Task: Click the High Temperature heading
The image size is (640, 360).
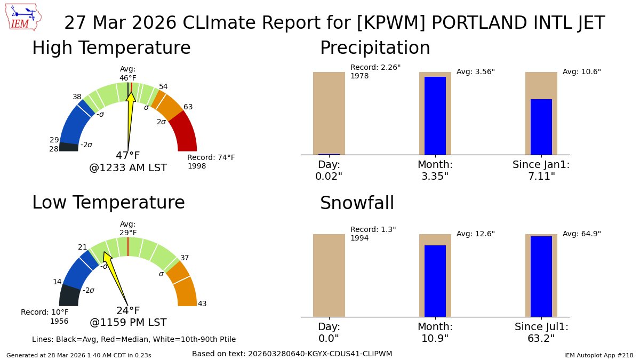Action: (111, 48)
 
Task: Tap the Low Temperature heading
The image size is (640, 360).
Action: (108, 203)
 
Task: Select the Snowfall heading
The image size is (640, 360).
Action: (357, 203)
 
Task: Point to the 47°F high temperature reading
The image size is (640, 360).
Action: (128, 156)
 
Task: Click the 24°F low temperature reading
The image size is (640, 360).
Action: (128, 310)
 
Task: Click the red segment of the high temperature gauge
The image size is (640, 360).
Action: (185, 133)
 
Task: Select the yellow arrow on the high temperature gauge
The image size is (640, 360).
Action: (130, 115)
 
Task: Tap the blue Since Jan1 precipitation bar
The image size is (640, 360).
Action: (541, 126)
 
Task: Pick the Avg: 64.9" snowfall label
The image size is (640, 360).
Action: (582, 234)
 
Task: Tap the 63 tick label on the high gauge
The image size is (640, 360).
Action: (188, 107)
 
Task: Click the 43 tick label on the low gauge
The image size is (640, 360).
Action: (202, 303)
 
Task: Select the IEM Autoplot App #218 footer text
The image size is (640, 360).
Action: (598, 355)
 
